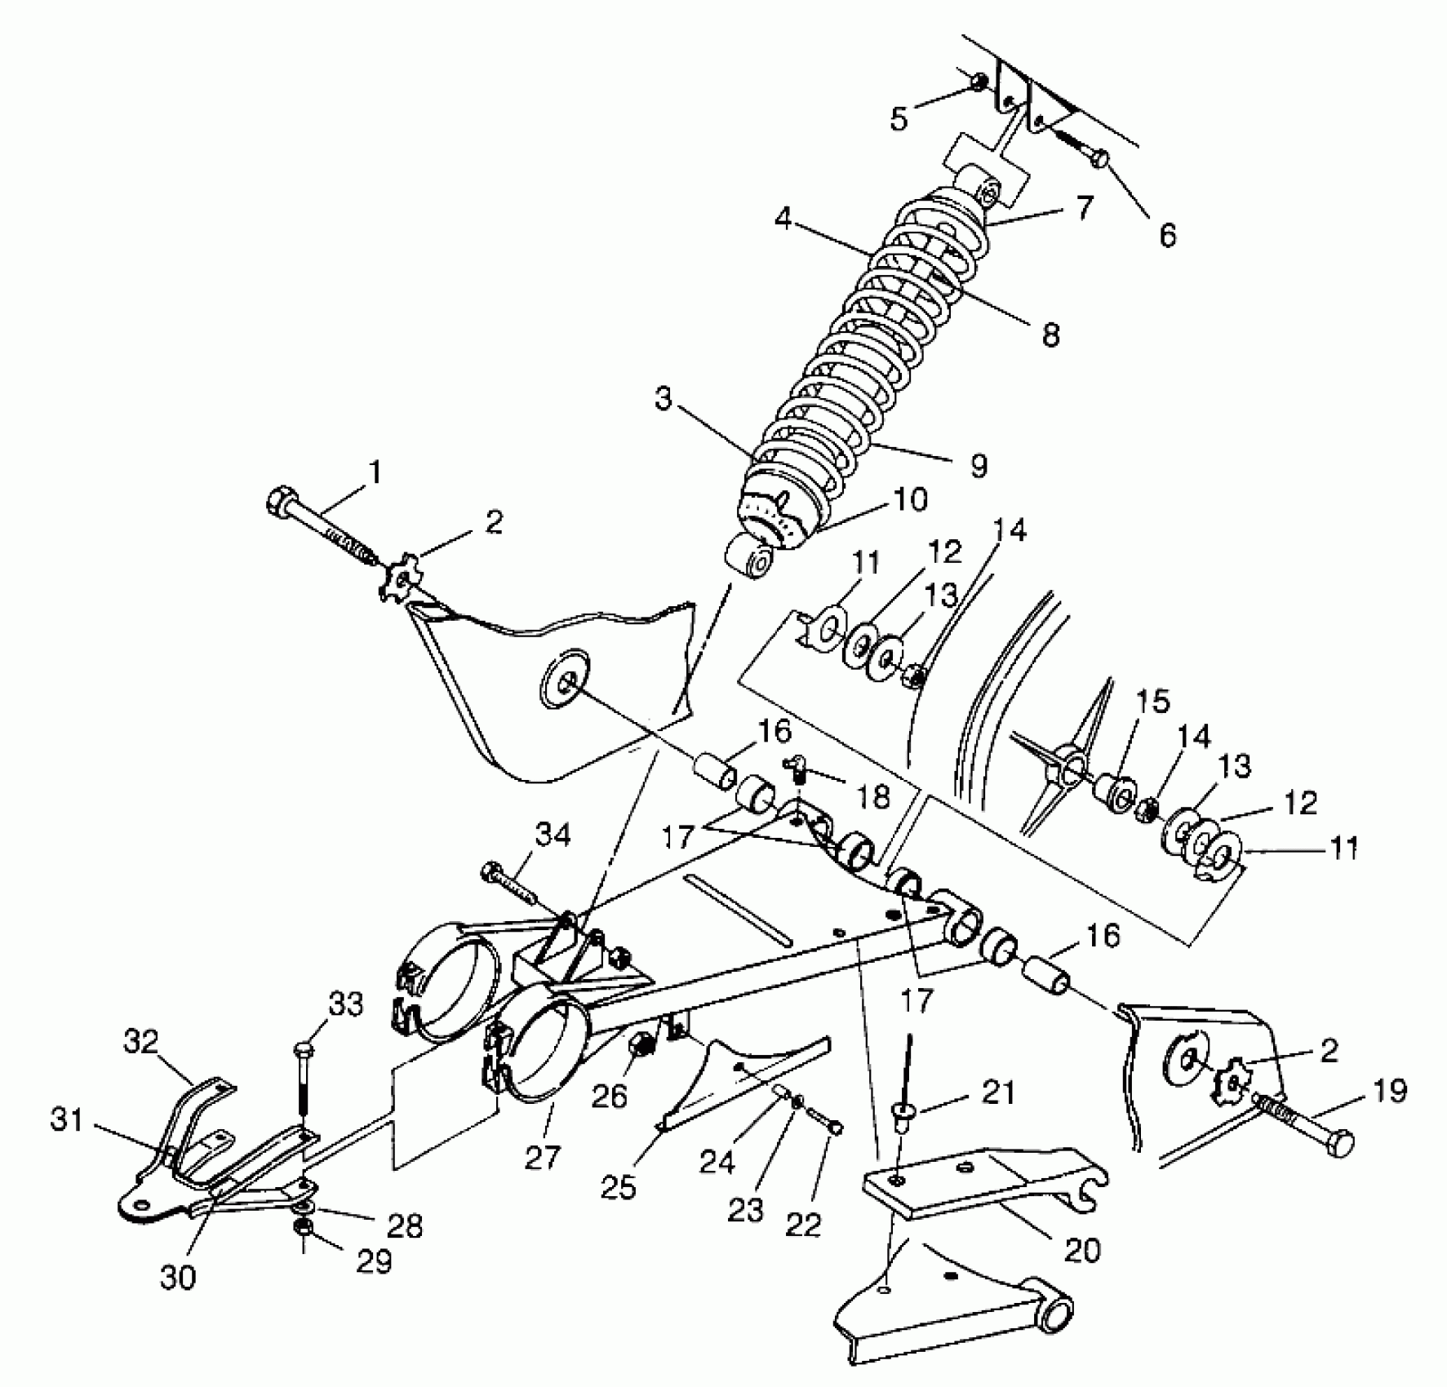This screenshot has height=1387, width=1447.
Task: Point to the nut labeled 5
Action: coord(980,81)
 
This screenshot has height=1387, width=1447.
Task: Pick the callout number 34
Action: coord(554,835)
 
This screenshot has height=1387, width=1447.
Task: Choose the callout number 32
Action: coord(141,1042)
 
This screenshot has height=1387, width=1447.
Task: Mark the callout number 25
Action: coord(618,1187)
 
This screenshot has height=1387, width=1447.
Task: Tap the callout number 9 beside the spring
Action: coord(979,466)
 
